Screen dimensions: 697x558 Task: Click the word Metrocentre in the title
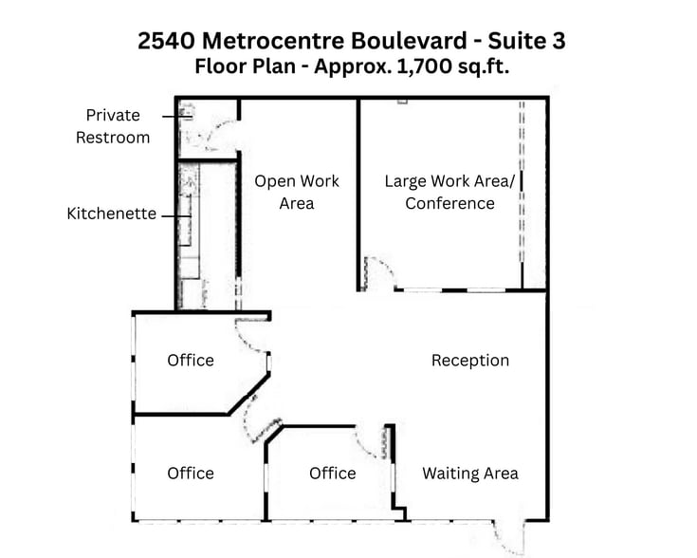point(273,41)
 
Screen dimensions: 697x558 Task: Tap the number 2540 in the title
point(166,41)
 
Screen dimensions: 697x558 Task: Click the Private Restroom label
point(113,126)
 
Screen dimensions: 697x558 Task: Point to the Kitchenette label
point(112,214)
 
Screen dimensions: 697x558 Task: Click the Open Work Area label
point(297,193)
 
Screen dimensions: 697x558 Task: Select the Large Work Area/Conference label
point(449,193)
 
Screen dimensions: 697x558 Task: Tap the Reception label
point(470,361)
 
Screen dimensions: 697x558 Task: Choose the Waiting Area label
point(470,474)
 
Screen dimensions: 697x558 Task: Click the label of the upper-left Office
point(191,361)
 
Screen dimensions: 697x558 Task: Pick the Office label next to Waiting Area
point(333,474)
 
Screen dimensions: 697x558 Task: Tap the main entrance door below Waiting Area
point(508,536)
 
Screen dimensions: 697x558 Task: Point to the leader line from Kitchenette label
point(176,216)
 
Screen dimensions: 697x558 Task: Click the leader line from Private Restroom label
point(177,117)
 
